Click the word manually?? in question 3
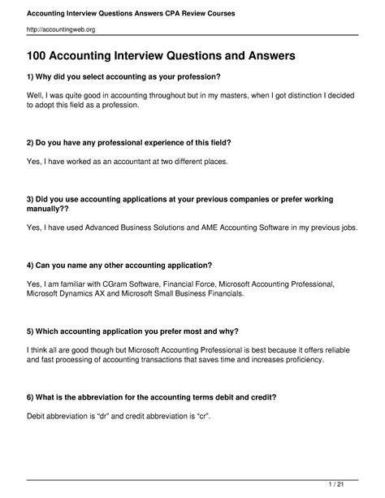pos(50,210)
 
